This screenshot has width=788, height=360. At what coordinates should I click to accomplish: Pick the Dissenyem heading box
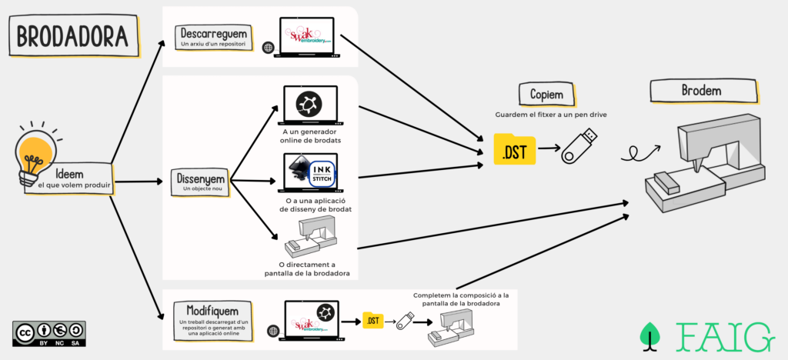pyautogui.click(x=200, y=183)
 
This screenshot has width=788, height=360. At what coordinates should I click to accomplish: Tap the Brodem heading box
pyautogui.click(x=701, y=91)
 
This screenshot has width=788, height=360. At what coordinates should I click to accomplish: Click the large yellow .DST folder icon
pyautogui.click(x=514, y=149)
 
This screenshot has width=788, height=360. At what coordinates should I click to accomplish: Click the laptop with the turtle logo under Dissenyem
pyautogui.click(x=311, y=105)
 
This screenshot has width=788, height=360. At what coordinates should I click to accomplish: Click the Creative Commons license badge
pyautogui.click(x=48, y=333)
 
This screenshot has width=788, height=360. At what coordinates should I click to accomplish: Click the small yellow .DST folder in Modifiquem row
pyautogui.click(x=373, y=319)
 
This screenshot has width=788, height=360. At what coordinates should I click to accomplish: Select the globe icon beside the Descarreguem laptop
pyautogui.click(x=267, y=48)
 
